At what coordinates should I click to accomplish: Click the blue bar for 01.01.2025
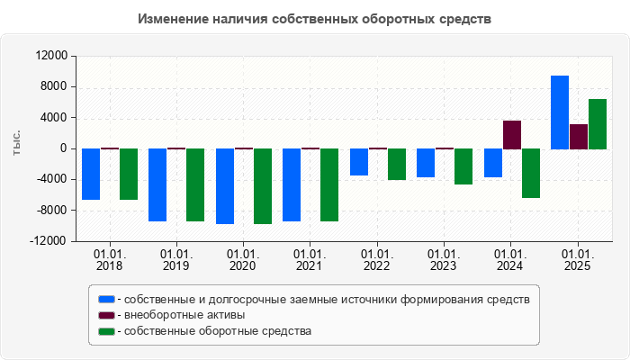(560, 112)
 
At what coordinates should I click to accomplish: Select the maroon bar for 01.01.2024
(512, 134)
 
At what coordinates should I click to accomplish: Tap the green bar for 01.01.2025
(598, 124)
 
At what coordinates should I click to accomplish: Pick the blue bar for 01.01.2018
(91, 174)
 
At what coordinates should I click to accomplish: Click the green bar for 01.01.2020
(263, 186)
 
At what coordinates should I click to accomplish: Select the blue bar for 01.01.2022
(359, 162)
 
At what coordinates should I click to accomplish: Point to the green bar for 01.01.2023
(463, 166)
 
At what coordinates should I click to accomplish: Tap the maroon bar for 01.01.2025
(579, 137)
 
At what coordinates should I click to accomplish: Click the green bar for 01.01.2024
(531, 173)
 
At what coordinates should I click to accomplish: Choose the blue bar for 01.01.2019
(157, 184)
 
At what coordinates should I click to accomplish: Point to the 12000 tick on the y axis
(51, 56)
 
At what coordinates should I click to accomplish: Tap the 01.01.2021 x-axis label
(310, 260)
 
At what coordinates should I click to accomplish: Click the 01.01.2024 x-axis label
(510, 260)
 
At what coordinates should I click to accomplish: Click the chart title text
(315, 19)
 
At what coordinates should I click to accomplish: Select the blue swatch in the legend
(107, 299)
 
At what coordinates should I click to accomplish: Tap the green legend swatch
(107, 331)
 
